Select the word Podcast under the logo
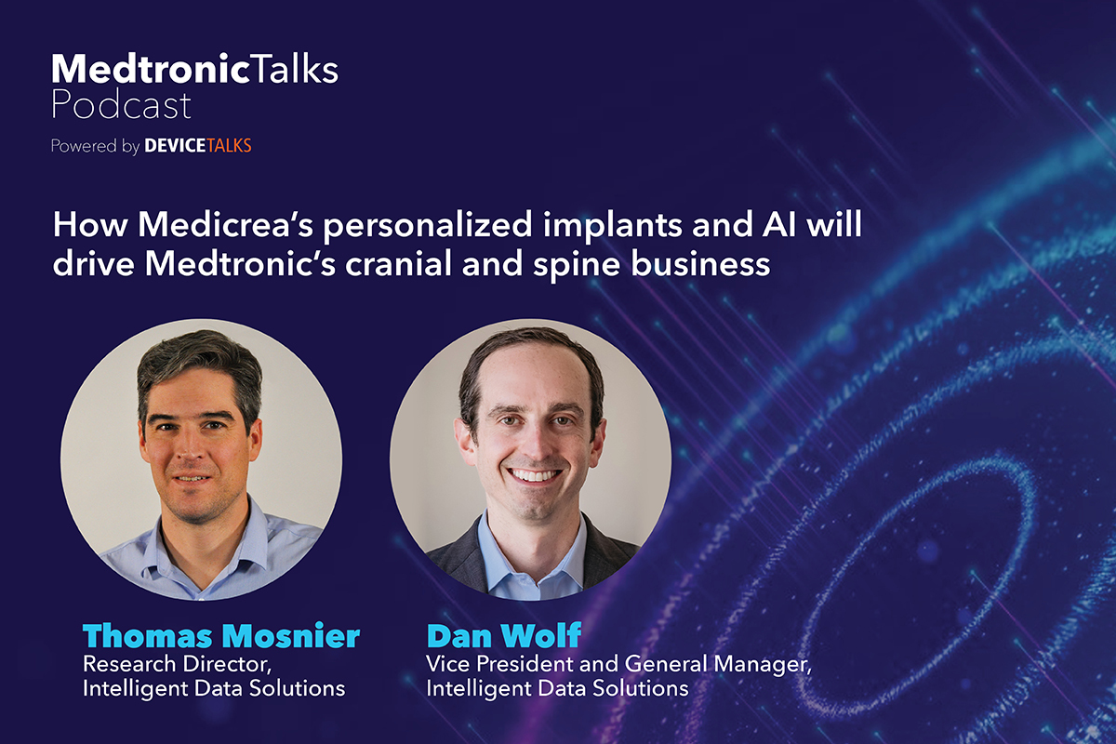pyautogui.click(x=121, y=104)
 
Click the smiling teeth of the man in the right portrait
pyautogui.click(x=536, y=475)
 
